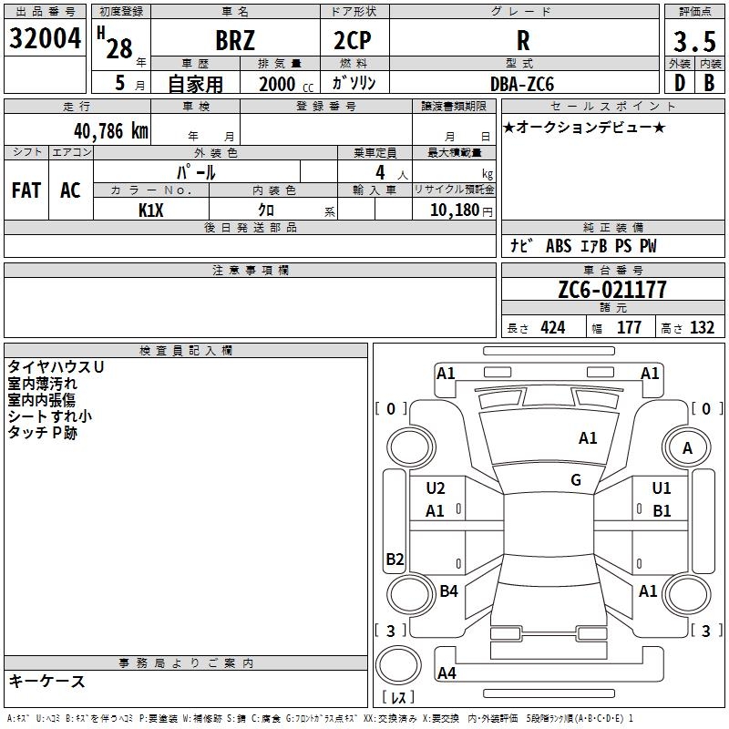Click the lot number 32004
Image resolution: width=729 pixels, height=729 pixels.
point(45,38)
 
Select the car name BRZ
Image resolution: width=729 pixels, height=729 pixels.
point(235,40)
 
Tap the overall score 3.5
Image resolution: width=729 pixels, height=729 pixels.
point(694,42)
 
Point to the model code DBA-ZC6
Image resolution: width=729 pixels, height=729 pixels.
point(522,84)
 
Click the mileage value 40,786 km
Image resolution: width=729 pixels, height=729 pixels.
point(111,131)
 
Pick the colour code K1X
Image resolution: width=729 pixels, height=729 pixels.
point(151,210)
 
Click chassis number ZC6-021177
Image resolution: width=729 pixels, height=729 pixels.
point(612,289)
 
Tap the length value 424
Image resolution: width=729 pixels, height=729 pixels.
point(553,327)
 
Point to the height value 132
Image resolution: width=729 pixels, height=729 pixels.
point(702,327)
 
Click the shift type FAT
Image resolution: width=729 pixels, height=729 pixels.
point(26,190)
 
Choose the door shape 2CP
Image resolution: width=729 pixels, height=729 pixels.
point(353,40)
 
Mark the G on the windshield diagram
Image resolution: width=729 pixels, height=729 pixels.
point(576,479)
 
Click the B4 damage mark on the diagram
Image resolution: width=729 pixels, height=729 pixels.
point(448,590)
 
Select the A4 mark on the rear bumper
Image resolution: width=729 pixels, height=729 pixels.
point(447,673)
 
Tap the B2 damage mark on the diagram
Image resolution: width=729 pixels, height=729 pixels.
point(395,559)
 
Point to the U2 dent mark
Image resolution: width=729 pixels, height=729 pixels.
point(436,488)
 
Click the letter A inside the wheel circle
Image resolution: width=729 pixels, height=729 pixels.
point(687,448)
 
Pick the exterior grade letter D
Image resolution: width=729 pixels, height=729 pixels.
point(680,83)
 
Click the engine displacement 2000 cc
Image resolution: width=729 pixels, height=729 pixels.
point(286,85)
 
